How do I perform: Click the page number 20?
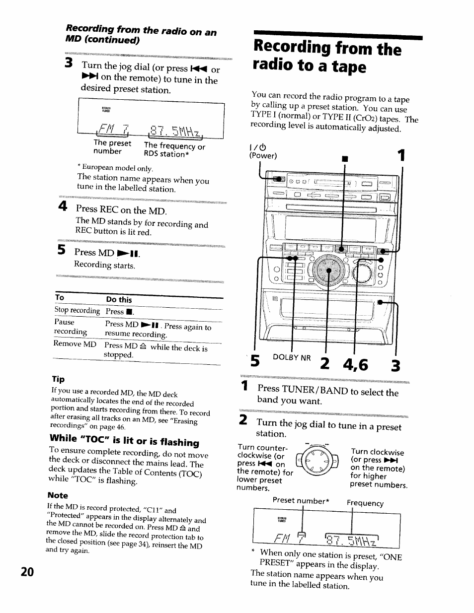point(27,571)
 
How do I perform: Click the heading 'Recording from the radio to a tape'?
point(327,57)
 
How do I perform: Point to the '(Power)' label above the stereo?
point(263,155)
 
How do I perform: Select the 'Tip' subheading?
point(58,379)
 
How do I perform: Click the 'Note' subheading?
point(58,495)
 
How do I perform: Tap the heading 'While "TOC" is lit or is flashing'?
point(124,440)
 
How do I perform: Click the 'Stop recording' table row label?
point(77,310)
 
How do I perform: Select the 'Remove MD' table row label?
point(75,343)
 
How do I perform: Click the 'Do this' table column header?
point(119,299)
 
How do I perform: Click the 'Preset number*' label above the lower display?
point(301,501)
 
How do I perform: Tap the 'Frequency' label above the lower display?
point(365,503)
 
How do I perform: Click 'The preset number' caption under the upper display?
point(112,147)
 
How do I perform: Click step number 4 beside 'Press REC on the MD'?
point(62,206)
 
